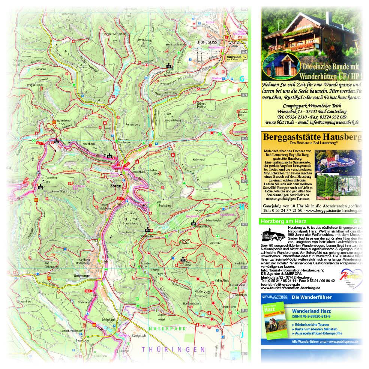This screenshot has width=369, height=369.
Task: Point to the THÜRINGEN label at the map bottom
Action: tap(174, 349)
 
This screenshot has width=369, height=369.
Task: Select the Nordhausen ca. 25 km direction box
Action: tap(237, 58)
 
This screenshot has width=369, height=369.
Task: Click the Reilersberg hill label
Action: tap(133, 124)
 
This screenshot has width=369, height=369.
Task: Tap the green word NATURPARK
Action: tap(167, 328)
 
